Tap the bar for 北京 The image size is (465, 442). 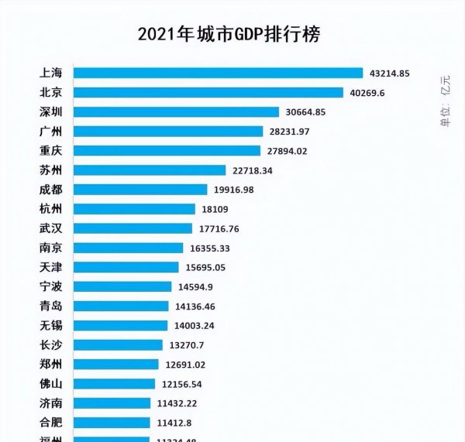coord(208,93)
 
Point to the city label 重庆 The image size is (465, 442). coord(50,150)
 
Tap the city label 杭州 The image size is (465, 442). coord(50,208)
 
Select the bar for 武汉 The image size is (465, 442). coord(133,228)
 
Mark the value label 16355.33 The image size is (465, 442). coord(210,248)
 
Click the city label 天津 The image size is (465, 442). coord(50,267)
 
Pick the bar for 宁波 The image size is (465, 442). coord(122,286)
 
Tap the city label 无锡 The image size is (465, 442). coord(50,325)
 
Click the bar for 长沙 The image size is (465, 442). coord(119,344)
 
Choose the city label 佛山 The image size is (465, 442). coord(50,383)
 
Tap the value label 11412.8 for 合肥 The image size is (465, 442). coord(174,423)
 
